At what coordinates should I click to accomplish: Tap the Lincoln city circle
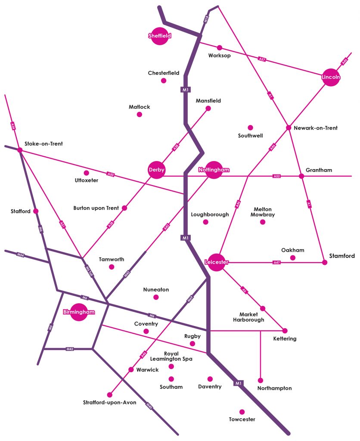pos(331,77)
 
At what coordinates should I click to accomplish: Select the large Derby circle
pos(156,170)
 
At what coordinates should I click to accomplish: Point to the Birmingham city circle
pos(79,312)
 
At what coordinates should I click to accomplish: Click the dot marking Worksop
pos(220,47)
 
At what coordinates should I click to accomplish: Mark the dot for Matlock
pos(139,114)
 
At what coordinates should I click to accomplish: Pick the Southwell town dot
pos(250,127)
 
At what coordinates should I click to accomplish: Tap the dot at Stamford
pos(325,262)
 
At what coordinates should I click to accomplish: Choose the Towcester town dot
pos(242,412)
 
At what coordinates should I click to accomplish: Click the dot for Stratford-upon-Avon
pos(109,394)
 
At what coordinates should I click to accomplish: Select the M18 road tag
pos(206,19)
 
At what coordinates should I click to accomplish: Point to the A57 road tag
pos(262,59)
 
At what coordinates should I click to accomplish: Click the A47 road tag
pos(277,262)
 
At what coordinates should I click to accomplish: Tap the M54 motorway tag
pos(20,255)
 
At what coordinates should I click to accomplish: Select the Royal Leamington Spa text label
pos(171,356)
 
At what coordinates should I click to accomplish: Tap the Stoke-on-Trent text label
pos(44,144)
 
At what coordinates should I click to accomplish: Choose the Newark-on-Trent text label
pos(316,128)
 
